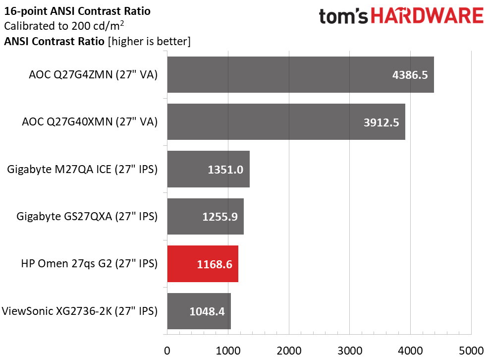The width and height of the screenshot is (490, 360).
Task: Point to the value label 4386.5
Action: (x=410, y=75)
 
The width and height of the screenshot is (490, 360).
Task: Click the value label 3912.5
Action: (x=381, y=122)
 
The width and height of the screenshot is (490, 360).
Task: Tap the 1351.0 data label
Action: (x=225, y=170)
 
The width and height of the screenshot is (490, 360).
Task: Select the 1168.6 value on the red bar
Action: (x=214, y=264)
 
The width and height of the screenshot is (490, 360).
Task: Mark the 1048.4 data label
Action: (x=207, y=311)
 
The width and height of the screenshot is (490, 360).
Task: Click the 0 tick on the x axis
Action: (x=167, y=350)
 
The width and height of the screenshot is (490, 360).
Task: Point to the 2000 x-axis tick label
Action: (x=289, y=350)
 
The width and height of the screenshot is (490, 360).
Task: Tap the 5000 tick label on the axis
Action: (x=471, y=350)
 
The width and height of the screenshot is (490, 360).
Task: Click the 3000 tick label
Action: (x=350, y=350)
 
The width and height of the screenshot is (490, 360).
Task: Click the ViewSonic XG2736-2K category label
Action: (x=80, y=311)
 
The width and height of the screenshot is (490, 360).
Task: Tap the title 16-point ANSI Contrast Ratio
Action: (x=77, y=10)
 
